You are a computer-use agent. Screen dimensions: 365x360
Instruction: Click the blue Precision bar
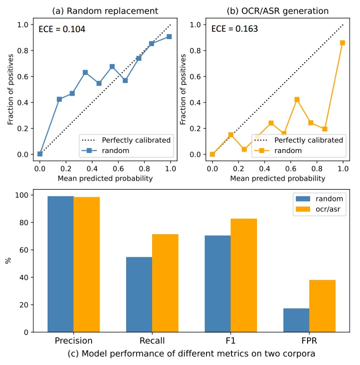click(x=60, y=264)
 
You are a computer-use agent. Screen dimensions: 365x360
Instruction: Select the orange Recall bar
click(x=165, y=283)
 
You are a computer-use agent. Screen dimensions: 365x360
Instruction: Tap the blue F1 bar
click(x=218, y=283)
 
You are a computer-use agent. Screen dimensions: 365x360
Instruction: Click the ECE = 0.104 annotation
click(x=62, y=29)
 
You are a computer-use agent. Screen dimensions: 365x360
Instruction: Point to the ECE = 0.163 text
click(x=234, y=29)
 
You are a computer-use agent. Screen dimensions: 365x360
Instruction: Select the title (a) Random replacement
click(x=105, y=10)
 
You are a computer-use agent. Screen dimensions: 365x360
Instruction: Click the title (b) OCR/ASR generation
click(x=278, y=10)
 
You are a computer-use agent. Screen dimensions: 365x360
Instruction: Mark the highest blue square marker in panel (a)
click(x=169, y=36)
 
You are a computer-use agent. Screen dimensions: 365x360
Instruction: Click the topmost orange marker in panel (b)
click(x=343, y=42)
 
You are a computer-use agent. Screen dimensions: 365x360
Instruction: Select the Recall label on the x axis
click(x=152, y=340)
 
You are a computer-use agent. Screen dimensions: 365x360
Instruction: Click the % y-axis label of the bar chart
click(x=8, y=261)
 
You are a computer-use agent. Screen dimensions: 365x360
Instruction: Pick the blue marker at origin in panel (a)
click(x=40, y=154)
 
